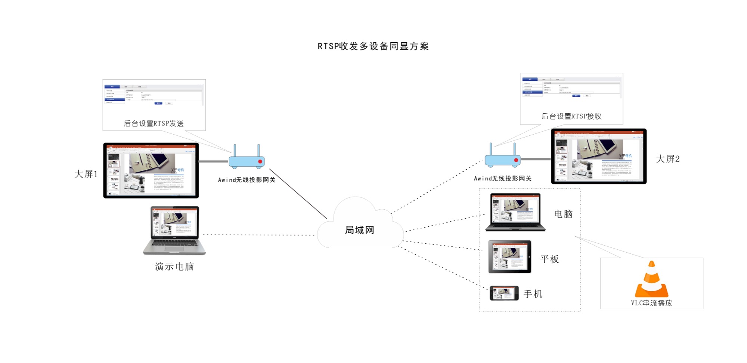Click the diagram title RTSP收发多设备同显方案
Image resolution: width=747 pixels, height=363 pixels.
[373, 46]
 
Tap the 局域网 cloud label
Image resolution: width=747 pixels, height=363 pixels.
[359, 230]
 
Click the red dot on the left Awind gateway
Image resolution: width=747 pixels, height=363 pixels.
[260, 161]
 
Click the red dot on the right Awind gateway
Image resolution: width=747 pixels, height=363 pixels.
[516, 160]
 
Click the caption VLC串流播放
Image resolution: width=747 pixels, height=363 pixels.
[651, 303]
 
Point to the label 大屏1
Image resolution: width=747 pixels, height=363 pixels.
[86, 174]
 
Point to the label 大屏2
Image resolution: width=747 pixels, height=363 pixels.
[668, 159]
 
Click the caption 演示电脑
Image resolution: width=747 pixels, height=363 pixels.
[174, 267]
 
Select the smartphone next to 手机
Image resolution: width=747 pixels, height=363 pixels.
[504, 293]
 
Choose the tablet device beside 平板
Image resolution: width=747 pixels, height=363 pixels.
[509, 257]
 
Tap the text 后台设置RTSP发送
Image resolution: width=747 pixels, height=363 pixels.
[154, 124]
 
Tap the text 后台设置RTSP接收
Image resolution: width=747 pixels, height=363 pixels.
[571, 117]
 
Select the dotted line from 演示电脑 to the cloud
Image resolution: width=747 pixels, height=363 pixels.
[258, 235]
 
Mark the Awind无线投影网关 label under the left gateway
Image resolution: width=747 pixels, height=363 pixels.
[247, 180]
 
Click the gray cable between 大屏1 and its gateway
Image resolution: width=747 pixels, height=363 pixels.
[213, 161]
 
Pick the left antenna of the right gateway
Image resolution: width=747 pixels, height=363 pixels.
[491, 149]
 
